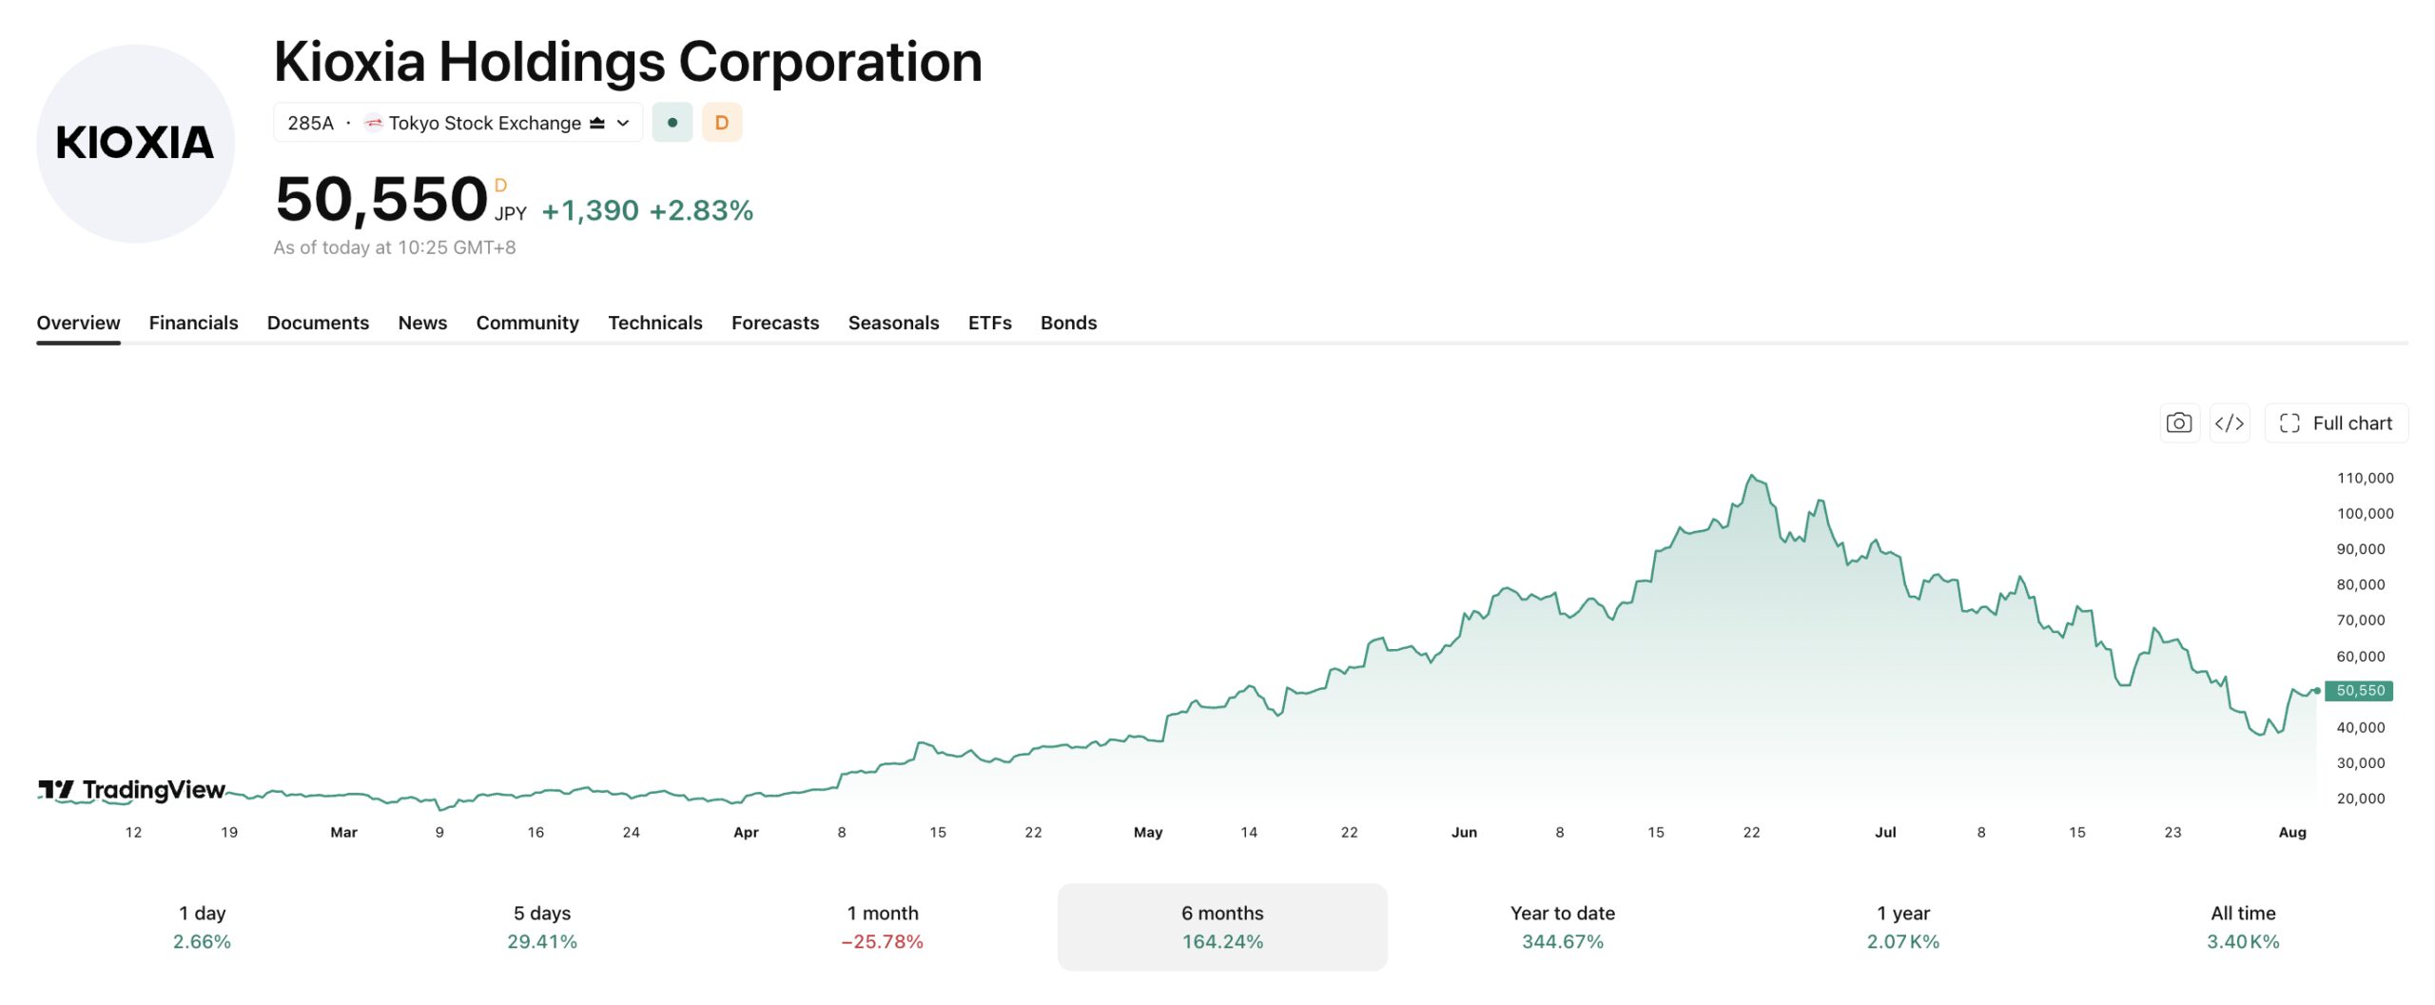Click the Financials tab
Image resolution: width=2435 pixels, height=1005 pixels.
tap(193, 323)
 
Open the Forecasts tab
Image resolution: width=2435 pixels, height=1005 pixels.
tap(775, 323)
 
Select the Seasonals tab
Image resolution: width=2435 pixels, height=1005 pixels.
tap(893, 323)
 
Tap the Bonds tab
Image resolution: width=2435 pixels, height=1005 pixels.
tap(1068, 323)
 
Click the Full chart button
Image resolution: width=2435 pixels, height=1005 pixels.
tap(2336, 424)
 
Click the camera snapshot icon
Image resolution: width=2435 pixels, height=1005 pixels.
tap(2179, 424)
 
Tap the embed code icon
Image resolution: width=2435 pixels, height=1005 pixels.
tap(2230, 424)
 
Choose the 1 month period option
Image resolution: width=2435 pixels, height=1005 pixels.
tap(883, 927)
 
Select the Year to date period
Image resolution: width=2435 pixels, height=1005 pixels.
tap(1563, 927)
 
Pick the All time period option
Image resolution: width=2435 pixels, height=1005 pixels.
tap(2243, 927)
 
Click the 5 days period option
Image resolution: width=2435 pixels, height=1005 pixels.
tap(542, 927)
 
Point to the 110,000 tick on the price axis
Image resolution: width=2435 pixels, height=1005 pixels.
tap(2365, 478)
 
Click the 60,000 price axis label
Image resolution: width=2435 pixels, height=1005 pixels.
tap(2361, 656)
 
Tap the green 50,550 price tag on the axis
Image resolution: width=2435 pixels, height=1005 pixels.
tap(2360, 691)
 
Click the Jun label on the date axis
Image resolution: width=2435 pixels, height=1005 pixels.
tap(1464, 832)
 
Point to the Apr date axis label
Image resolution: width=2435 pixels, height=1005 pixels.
tap(746, 832)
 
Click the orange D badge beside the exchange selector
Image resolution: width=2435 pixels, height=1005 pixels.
tap(722, 123)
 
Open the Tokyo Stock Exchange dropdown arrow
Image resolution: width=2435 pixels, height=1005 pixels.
tap(623, 123)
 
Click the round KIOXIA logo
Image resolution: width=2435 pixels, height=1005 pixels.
tap(135, 144)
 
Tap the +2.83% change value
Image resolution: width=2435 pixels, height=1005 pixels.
tap(701, 210)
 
